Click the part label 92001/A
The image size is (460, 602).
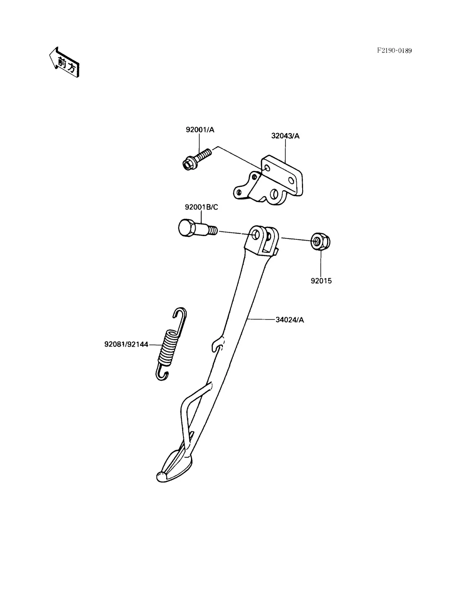coord(200,130)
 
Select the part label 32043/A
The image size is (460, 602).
coord(285,136)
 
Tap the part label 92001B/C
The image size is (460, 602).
coord(201,207)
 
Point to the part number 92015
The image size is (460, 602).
coord(321,281)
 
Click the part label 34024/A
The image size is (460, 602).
coord(290,320)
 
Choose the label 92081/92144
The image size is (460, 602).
coord(126,345)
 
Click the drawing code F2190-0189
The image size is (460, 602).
coord(394,51)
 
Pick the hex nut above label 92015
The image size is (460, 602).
coord(321,241)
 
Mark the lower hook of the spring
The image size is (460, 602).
coord(162,373)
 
